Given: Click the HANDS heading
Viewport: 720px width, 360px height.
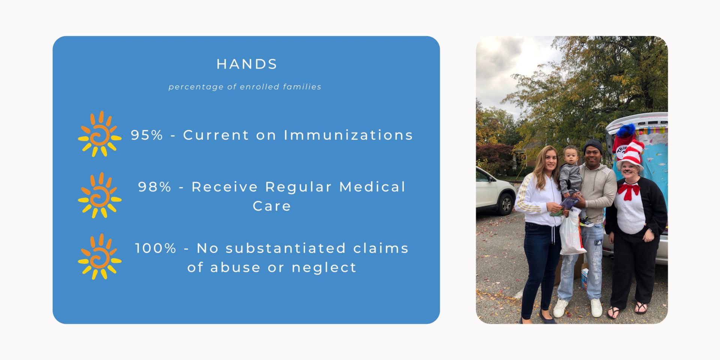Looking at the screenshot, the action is (x=247, y=64).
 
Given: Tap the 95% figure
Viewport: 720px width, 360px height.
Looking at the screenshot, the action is (x=147, y=135).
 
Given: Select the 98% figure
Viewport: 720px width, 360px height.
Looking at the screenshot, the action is (x=154, y=187).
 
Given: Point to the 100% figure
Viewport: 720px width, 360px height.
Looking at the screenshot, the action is (x=155, y=248).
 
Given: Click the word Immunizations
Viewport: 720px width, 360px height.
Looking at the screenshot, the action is (x=348, y=135).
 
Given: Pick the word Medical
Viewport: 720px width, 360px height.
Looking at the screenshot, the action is (x=373, y=187).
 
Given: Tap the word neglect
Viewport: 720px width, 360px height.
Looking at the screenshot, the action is (x=324, y=268).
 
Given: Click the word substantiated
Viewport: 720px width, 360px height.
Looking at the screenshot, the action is (x=286, y=248).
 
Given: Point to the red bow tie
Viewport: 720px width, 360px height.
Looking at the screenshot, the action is (x=629, y=191).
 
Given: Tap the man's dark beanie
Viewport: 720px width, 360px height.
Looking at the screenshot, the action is (x=593, y=146).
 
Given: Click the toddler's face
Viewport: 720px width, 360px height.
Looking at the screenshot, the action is (x=571, y=157).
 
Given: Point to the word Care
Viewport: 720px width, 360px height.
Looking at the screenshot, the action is (x=272, y=206).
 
